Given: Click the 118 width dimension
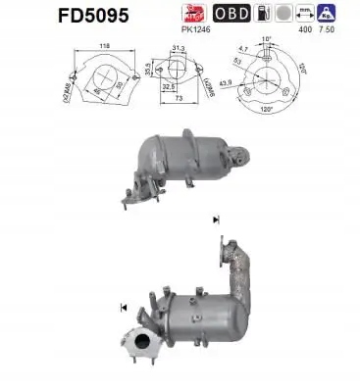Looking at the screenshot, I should (x=105, y=46).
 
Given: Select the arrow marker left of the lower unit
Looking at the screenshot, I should (x=125, y=309).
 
